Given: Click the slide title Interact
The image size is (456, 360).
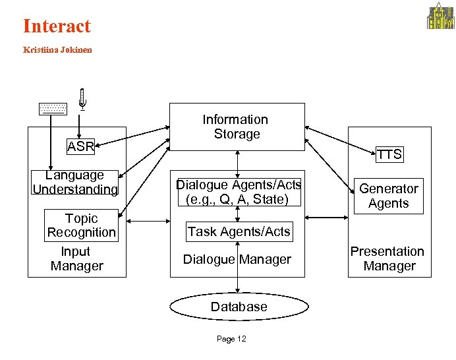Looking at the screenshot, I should pos(57,26).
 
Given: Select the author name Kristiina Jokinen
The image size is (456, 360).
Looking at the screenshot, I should pos(57,49).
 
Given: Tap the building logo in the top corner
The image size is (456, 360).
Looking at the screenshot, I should pos(440,16).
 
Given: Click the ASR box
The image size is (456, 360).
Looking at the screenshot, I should pos(80,146).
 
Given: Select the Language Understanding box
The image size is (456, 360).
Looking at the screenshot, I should pos(76,183).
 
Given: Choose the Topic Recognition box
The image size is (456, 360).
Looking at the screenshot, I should pos(80,225).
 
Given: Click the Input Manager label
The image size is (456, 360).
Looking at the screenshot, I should pos(76,259).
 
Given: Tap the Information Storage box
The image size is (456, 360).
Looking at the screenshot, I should pos(237,127).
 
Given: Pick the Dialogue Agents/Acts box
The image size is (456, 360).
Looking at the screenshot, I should pos(237,192).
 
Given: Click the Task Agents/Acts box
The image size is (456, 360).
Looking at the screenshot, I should pos(238,231).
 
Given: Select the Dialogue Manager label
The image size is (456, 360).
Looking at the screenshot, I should pos(237,260).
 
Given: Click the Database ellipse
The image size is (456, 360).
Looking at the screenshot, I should pos(239,307).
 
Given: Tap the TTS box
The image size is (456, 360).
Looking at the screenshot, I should pos(389,154).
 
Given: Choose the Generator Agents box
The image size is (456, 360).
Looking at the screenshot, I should pos(388,196).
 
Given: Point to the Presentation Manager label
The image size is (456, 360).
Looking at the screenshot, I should pos(387,258).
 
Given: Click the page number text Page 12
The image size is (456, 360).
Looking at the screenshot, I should pos(231,339).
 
